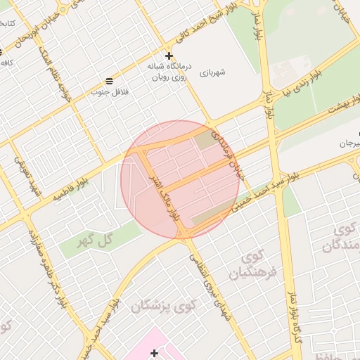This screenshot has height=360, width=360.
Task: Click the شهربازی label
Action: tap(212, 72)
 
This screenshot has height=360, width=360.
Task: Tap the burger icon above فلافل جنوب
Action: tap(109, 80)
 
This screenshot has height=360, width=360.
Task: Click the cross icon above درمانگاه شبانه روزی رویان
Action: tap(169, 55)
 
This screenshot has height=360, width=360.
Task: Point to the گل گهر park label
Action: tap(100, 240)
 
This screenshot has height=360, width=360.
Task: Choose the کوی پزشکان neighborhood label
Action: tap(162, 306)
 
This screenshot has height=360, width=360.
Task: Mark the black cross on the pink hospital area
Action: tap(155, 351)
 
